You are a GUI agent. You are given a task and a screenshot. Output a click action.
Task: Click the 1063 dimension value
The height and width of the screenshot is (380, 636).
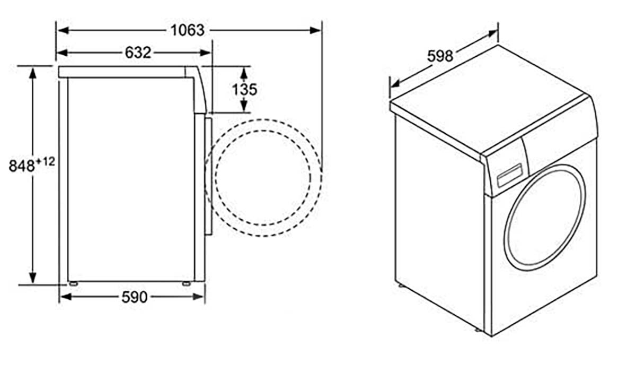tap(187, 30)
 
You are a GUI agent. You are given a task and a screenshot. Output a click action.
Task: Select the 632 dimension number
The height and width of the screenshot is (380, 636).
tap(138, 53)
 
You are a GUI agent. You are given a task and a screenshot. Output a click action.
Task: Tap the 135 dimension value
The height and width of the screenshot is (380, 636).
tap(244, 89)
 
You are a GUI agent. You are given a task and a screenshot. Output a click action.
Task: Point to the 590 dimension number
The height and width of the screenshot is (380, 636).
tap(134, 297)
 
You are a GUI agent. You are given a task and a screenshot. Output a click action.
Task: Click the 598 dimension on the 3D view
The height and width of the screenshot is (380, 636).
tap(440, 55)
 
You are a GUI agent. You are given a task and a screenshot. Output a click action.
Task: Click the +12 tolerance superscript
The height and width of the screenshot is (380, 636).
tap(46, 161)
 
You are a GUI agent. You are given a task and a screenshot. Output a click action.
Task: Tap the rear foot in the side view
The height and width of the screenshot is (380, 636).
tap(73, 283)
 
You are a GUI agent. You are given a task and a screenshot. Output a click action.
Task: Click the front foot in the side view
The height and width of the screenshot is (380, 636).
tap(186, 283)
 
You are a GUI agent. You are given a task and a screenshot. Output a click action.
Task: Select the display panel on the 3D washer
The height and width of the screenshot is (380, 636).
tap(509, 175)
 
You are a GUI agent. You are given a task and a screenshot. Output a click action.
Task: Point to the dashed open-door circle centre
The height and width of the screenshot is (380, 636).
tap(263, 177)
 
